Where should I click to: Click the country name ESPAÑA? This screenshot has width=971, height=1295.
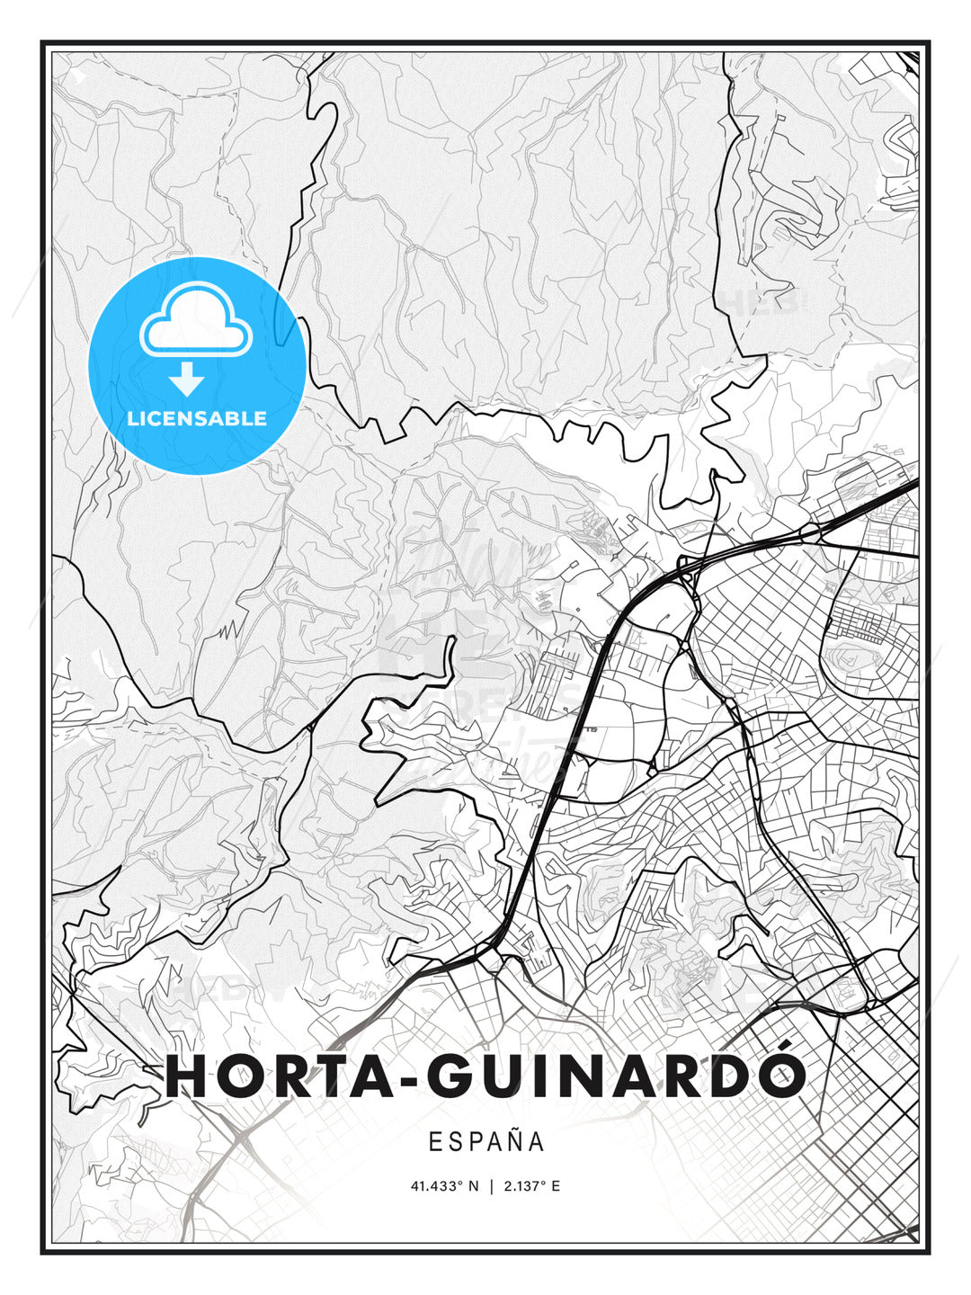[486, 1142]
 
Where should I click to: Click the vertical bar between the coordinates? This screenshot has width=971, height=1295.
[491, 1186]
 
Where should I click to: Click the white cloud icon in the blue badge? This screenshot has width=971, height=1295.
[196, 321]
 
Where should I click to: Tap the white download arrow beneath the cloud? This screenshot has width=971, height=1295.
[187, 379]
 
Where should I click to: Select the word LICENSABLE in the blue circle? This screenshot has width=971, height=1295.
[197, 418]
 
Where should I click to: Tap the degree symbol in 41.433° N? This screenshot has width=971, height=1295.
[461, 1183]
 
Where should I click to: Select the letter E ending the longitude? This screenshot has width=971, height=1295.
[556, 1186]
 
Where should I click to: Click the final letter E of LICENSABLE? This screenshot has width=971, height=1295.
[261, 418]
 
